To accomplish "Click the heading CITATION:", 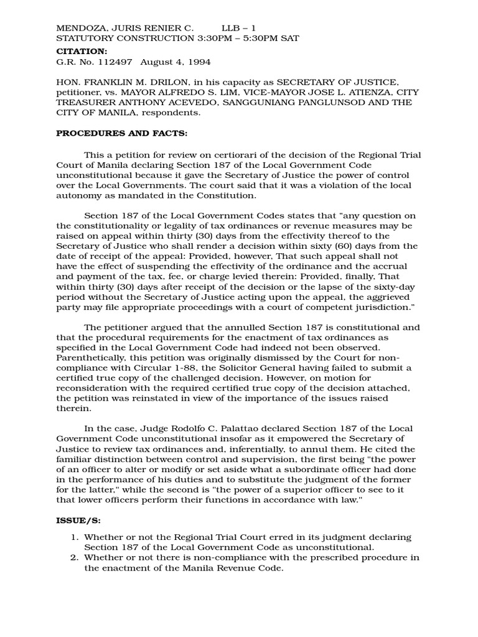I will (82, 50).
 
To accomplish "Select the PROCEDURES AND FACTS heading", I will (121, 133).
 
